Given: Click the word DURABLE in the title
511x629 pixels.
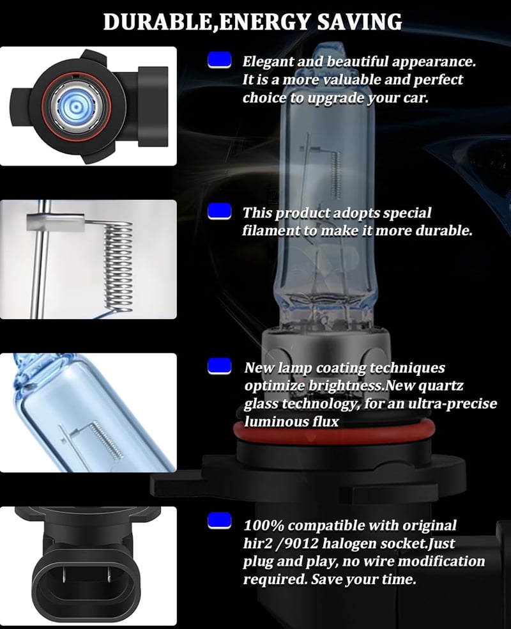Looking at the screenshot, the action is click(158, 22).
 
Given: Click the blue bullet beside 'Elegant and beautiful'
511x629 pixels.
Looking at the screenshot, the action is click(219, 61).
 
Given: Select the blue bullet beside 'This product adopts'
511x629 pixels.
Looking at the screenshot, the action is click(219, 212).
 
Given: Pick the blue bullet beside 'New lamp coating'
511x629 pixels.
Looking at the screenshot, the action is click(219, 366).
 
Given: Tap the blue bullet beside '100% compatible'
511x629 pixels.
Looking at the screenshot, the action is click(219, 521).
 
